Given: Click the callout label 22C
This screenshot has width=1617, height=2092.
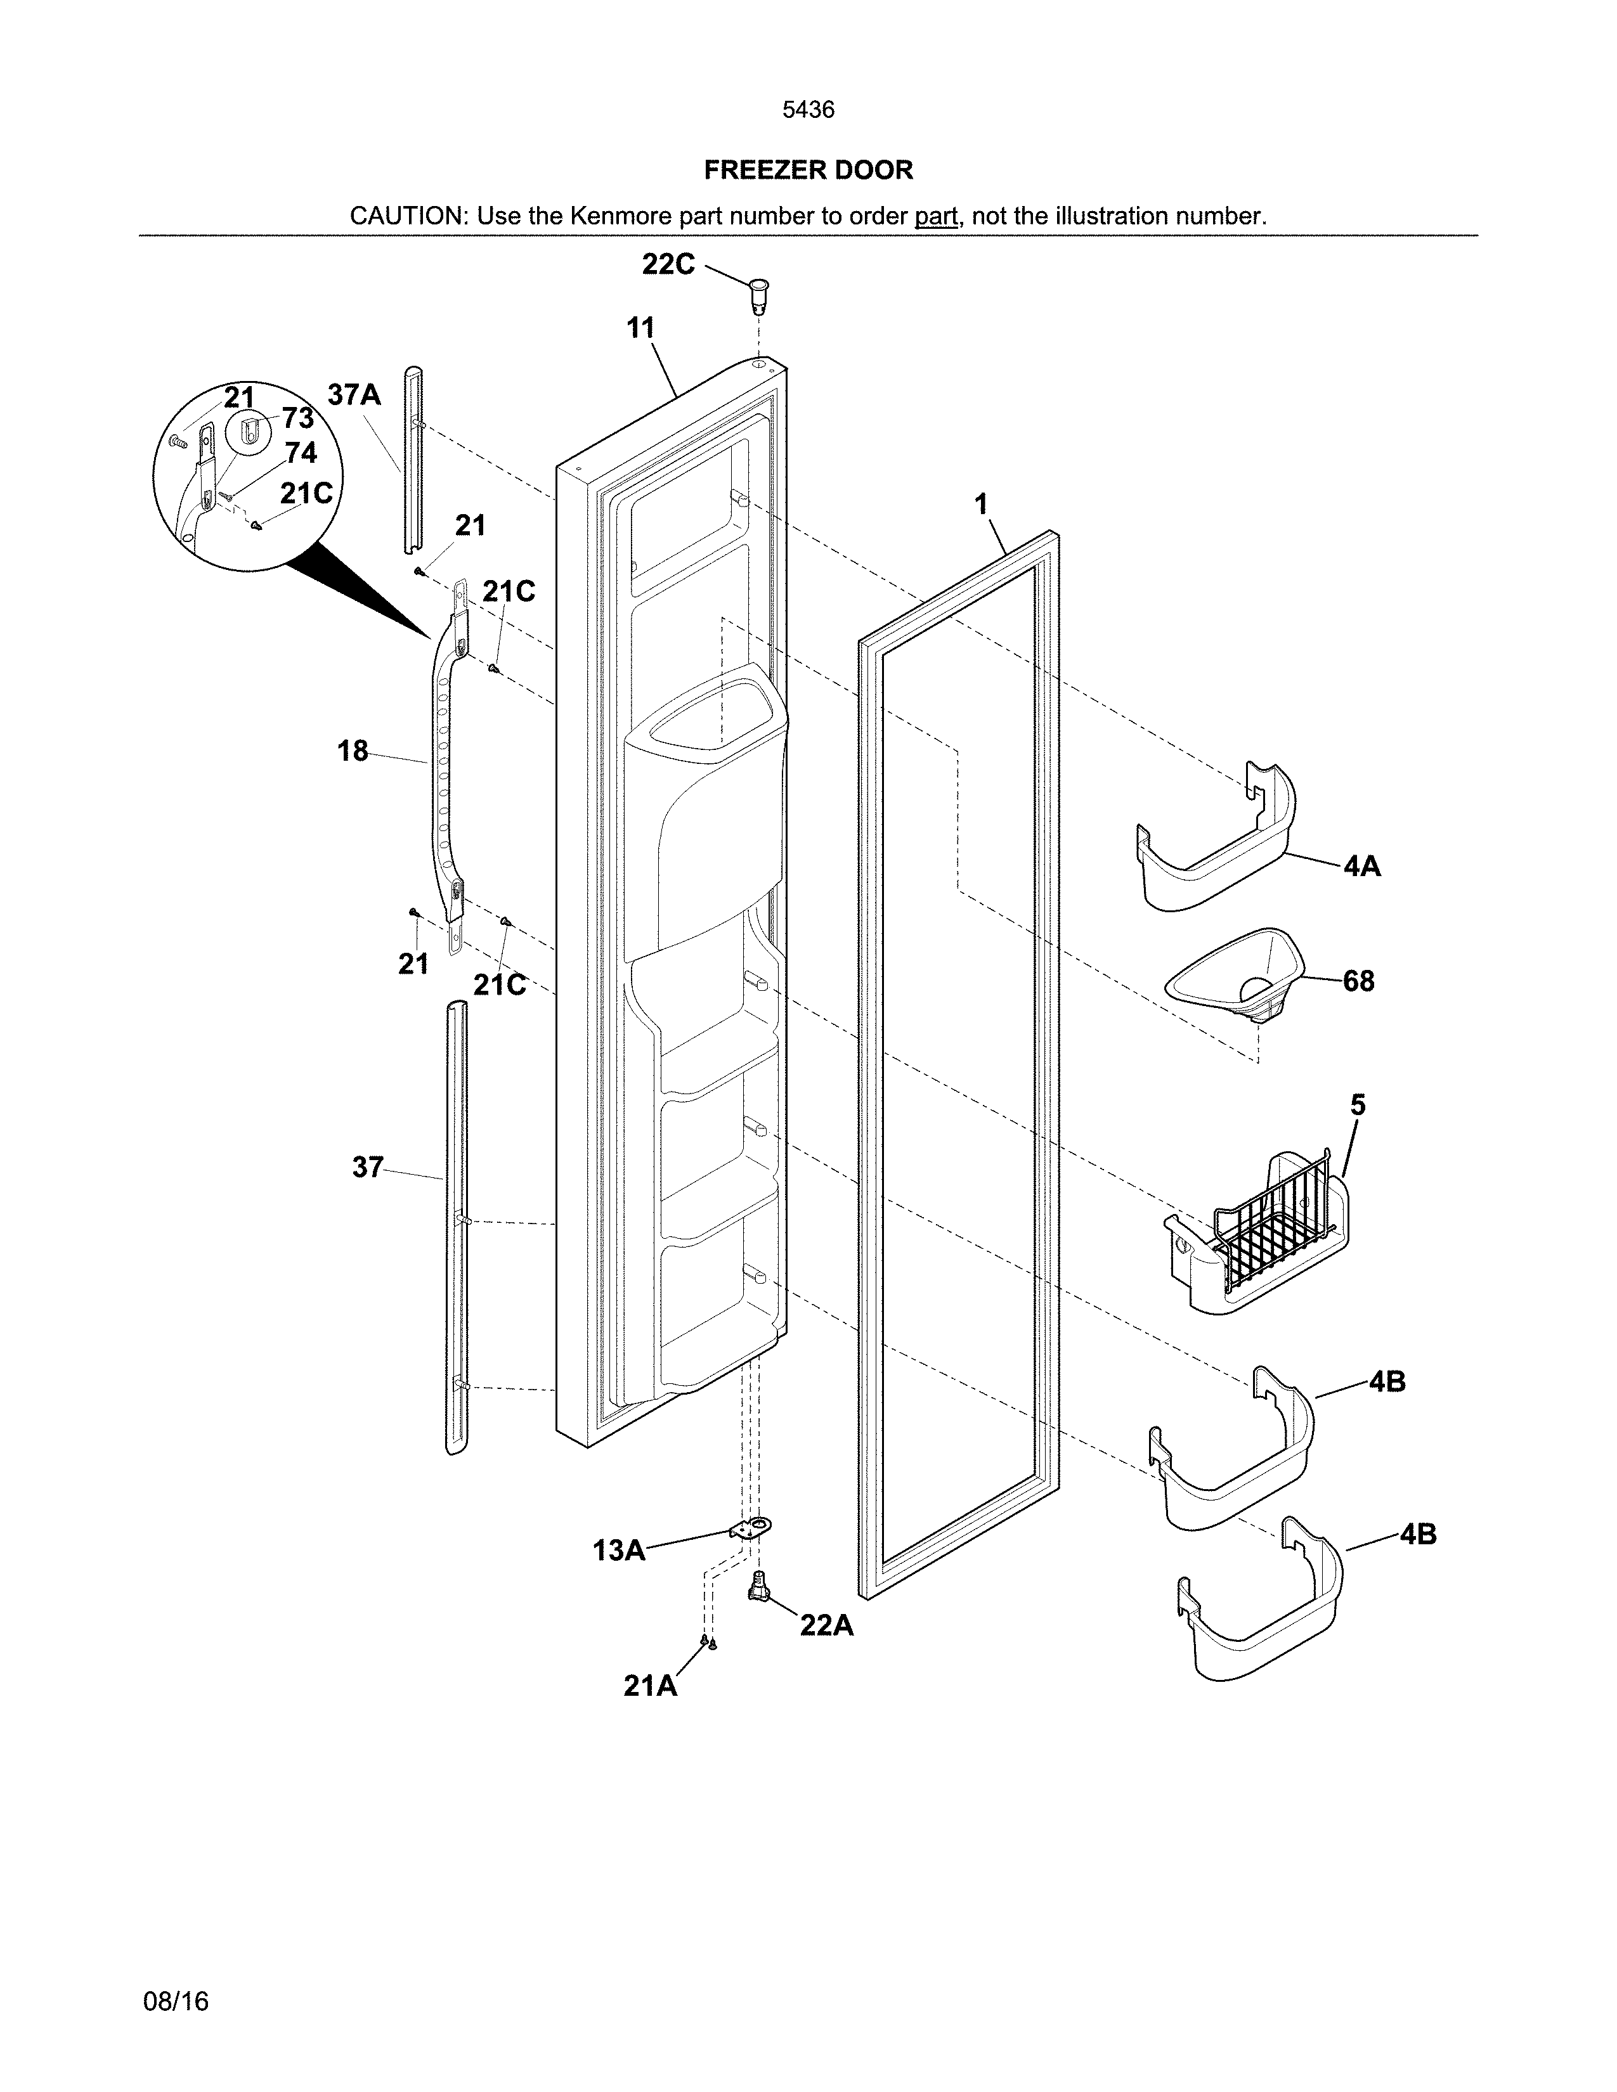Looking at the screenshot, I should tap(668, 264).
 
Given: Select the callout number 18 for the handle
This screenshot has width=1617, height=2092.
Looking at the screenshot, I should tap(353, 751).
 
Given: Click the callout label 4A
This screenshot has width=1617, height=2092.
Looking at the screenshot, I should tap(1361, 867).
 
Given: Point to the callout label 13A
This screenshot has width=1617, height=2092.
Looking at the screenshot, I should tap(619, 1551).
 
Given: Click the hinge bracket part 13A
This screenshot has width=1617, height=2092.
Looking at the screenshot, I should tap(753, 1529).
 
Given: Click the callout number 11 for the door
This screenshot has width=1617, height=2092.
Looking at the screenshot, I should tap(640, 328).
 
